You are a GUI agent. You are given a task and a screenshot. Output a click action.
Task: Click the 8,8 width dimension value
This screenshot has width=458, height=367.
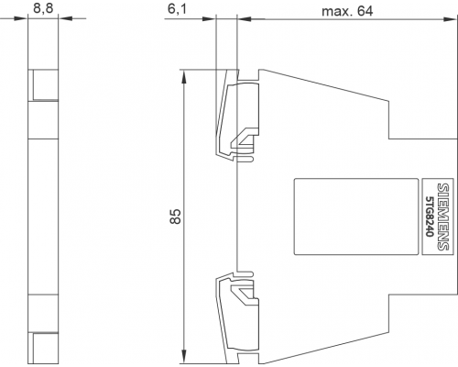pos(43,8)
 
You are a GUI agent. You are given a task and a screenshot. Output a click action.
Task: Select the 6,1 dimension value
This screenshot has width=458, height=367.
pos(177,9)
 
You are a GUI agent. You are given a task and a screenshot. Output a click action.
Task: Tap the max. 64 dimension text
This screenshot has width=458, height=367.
pos(347,11)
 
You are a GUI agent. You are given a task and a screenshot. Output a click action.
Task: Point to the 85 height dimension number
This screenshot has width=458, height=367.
pos(176,217)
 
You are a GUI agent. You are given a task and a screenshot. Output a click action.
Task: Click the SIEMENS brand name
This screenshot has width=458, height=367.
pos(443,217)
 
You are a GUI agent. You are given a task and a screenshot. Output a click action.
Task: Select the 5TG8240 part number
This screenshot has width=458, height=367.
pos(430,216)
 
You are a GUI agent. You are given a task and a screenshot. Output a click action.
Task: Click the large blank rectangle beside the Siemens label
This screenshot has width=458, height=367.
pos(356,217)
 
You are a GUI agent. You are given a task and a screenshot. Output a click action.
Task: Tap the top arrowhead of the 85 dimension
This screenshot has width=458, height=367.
pos(184,77)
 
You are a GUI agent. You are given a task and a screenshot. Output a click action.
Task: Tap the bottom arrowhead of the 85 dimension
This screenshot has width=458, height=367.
pos(184,357)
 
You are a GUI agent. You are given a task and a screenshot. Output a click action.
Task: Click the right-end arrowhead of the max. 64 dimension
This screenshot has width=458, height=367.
pos(450,19)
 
